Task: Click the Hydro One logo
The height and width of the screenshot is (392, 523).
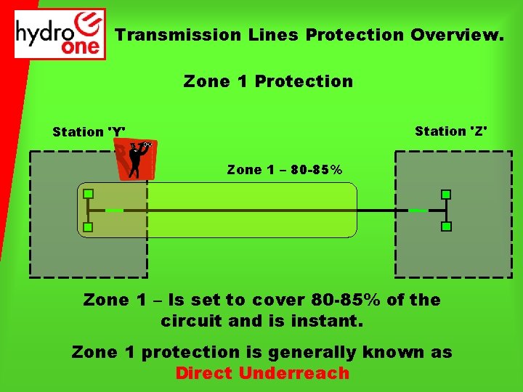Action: (x=60, y=33)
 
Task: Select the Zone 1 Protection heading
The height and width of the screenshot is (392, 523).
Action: (x=268, y=81)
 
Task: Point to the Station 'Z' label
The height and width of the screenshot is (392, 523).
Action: (x=451, y=131)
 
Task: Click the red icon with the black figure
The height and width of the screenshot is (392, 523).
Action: (x=134, y=160)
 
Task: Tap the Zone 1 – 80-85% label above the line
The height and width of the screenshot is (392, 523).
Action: (x=285, y=170)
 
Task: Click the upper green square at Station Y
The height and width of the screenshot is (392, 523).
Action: (x=88, y=194)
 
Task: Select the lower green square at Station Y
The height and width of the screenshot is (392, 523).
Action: (x=88, y=227)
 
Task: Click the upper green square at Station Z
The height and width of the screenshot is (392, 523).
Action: (x=446, y=194)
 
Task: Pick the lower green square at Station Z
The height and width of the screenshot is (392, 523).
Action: (x=446, y=226)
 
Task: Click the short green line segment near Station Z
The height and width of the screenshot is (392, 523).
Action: (x=418, y=211)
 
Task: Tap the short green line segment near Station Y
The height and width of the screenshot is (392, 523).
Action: (x=114, y=211)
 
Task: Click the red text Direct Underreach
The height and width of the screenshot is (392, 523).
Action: (x=262, y=374)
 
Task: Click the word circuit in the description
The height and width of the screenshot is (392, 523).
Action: (x=190, y=320)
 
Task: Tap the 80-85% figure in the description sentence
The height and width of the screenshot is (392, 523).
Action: (x=344, y=300)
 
